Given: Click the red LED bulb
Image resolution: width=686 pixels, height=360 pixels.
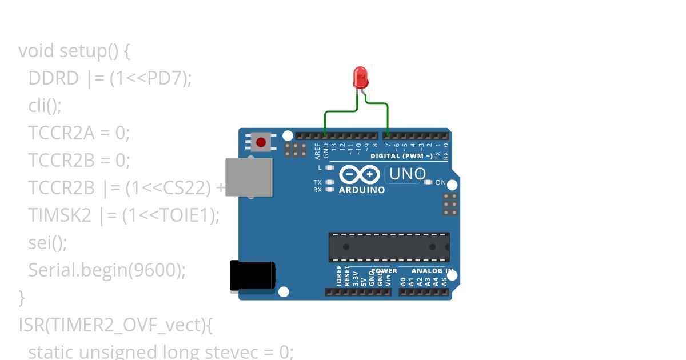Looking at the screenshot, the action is click(360, 77).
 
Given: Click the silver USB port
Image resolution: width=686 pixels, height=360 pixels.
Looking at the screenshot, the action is click(249, 177).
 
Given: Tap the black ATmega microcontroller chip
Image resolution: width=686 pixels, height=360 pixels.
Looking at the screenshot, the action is click(389, 247).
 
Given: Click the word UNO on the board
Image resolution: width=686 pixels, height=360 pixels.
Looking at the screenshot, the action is click(407, 174).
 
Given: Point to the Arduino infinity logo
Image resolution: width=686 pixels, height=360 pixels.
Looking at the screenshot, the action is click(360, 174).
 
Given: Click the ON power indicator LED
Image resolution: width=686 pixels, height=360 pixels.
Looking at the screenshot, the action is click(428, 182).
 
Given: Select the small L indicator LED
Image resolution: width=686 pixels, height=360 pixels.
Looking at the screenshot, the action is click(329, 167).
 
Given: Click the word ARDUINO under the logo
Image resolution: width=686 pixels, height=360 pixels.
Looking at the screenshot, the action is click(362, 190).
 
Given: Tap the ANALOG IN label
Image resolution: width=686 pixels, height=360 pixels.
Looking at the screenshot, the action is click(433, 271).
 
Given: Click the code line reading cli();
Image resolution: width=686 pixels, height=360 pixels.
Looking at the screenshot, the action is click(45, 106).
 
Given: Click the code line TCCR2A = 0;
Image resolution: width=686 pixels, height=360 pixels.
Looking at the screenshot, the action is click(79, 133).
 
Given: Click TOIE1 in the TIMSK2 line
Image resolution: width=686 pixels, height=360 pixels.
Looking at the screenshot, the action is click(188, 215).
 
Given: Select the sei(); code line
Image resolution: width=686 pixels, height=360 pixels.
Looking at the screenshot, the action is click(47, 243).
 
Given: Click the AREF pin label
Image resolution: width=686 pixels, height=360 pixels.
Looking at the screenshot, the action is click(318, 151).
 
